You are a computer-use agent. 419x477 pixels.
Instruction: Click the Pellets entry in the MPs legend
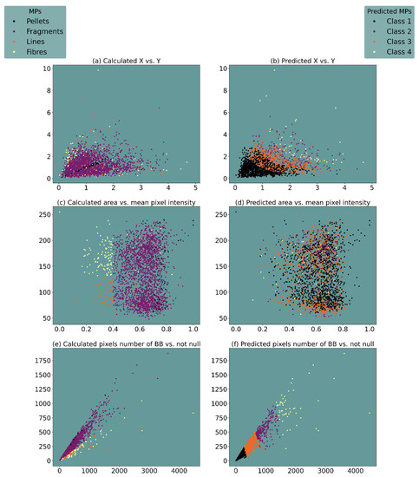click(42, 21)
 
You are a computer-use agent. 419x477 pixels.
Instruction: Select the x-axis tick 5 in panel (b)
click(371, 188)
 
